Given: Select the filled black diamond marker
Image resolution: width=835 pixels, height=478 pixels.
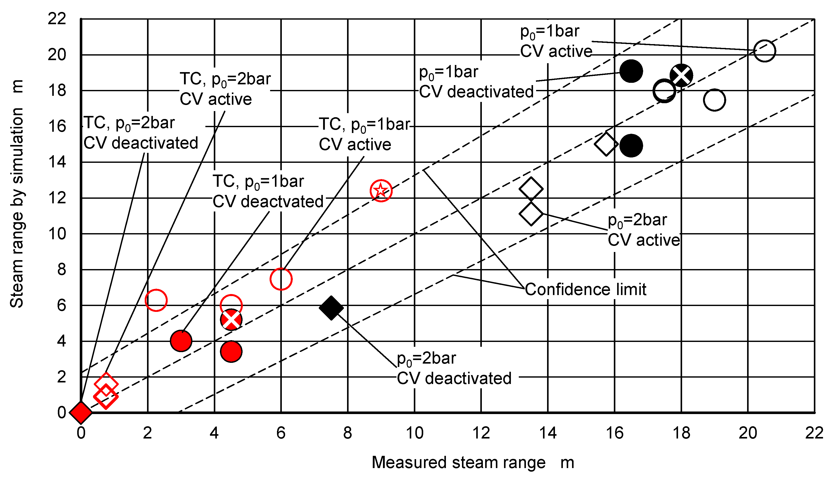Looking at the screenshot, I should [331, 308].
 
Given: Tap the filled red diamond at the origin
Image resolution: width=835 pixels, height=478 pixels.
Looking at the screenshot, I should [81, 412].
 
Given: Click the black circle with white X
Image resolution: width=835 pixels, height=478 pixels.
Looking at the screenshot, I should [681, 75].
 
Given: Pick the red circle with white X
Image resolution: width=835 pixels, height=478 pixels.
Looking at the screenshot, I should [231, 320].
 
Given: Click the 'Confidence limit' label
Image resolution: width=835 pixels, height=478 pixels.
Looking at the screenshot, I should [586, 289].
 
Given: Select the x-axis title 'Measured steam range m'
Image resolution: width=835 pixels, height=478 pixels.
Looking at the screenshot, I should [473, 462].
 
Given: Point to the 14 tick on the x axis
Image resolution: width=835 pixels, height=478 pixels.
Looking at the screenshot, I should [548, 433].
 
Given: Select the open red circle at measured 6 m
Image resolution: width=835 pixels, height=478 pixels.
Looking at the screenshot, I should [281, 279].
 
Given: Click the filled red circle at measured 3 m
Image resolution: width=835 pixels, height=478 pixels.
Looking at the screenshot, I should [181, 341].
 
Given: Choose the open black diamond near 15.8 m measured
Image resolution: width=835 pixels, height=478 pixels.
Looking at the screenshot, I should [606, 144].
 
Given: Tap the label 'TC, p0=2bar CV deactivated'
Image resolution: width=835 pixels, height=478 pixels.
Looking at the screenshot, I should [141, 133].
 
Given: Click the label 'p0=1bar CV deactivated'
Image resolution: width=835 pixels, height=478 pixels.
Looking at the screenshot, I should [476, 82].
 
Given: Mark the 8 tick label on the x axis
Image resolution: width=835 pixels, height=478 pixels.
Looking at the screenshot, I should [348, 433].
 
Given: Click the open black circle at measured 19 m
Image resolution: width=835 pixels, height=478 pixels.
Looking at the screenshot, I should [714, 100].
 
